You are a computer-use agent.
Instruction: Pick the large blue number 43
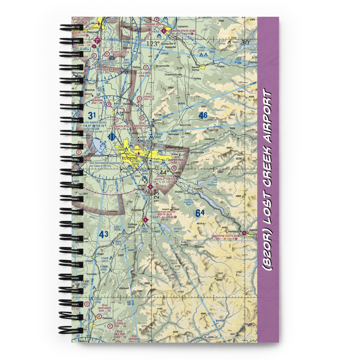click(104, 235)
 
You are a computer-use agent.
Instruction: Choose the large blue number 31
click(92, 116)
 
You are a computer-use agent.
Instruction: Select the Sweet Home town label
click(195, 69)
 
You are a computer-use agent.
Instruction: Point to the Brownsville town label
click(164, 67)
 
